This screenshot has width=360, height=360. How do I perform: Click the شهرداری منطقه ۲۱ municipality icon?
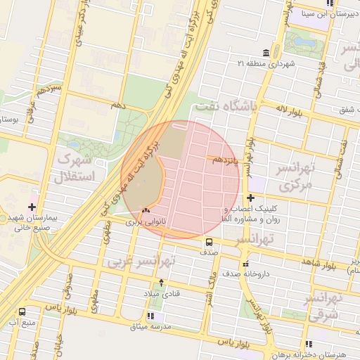[x=265, y=53]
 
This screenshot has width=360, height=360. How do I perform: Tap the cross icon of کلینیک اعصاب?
[x=251, y=198]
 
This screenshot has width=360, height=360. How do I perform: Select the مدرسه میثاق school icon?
[x=151, y=316]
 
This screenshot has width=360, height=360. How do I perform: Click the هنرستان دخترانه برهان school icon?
[x=308, y=344]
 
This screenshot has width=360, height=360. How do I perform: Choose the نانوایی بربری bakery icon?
[x=146, y=210]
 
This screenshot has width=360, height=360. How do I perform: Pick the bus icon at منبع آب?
[x=23, y=311]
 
